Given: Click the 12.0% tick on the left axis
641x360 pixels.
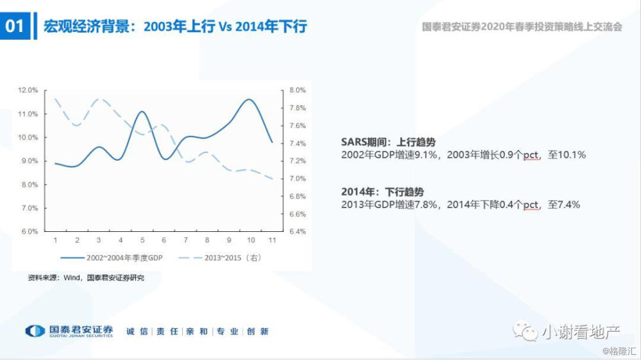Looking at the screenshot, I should [x=28, y=90].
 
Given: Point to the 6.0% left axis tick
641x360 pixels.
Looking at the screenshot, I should [x=29, y=232].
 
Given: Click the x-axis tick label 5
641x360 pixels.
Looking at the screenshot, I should [x=142, y=240].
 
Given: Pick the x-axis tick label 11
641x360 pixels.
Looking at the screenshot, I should [x=272, y=240].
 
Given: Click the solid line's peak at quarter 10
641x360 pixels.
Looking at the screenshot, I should [x=249, y=99].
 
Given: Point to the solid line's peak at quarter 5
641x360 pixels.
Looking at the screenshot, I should [x=142, y=111].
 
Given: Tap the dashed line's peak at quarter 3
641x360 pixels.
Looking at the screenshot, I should [x=99, y=99].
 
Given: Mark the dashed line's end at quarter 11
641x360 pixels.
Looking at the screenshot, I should [x=272, y=179].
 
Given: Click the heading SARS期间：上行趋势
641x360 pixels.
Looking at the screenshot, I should [x=384, y=143].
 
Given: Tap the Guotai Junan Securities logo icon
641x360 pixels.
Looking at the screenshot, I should [x=35, y=331].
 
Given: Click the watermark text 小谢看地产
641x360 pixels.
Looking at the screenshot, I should [x=579, y=331].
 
